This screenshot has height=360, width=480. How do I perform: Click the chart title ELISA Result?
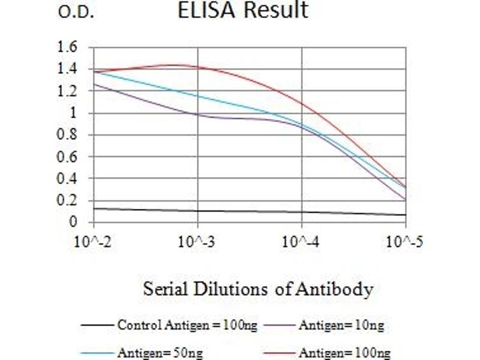242,11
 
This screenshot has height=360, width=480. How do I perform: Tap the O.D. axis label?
76,13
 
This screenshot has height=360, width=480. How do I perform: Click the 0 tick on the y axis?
73,223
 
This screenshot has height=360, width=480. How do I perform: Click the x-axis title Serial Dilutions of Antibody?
258,289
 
